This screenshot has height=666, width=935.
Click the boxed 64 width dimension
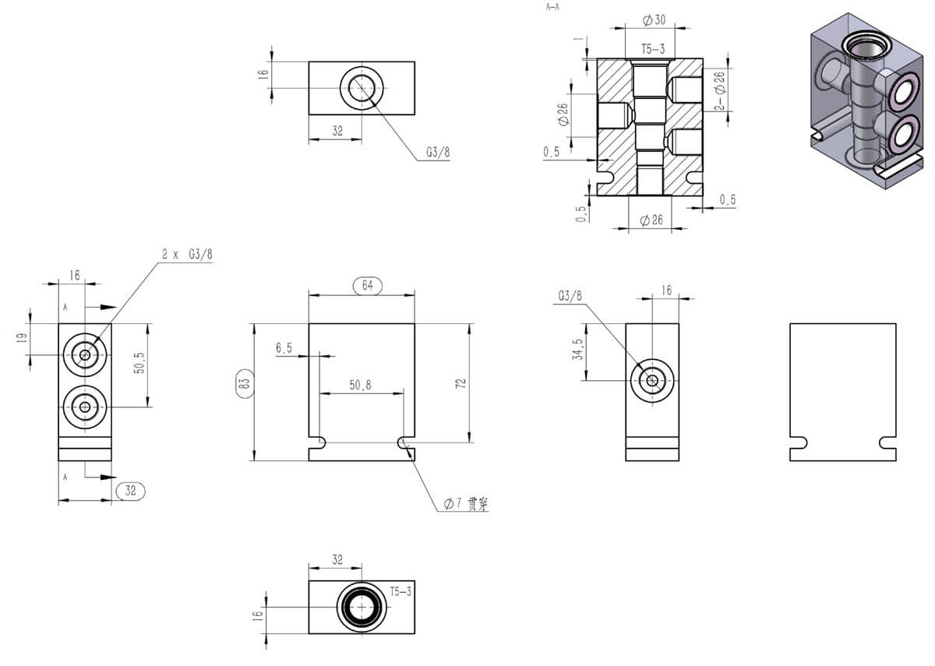coord(368,285)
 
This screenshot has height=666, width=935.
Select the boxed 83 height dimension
coord(243,384)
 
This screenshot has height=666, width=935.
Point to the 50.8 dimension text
coord(361,385)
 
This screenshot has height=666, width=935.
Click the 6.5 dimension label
coord(284,348)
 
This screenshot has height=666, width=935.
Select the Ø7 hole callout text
coord(465,504)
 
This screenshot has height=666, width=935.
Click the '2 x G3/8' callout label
coord(187,254)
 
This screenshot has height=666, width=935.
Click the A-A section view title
coord(553,6)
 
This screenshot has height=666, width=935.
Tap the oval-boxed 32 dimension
coord(130,491)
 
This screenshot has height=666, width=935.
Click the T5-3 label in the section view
coord(653,49)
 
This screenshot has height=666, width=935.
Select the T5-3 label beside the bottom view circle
coord(400,592)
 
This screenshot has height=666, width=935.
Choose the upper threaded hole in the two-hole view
coord(85,355)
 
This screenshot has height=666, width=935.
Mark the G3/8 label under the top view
coord(438,153)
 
